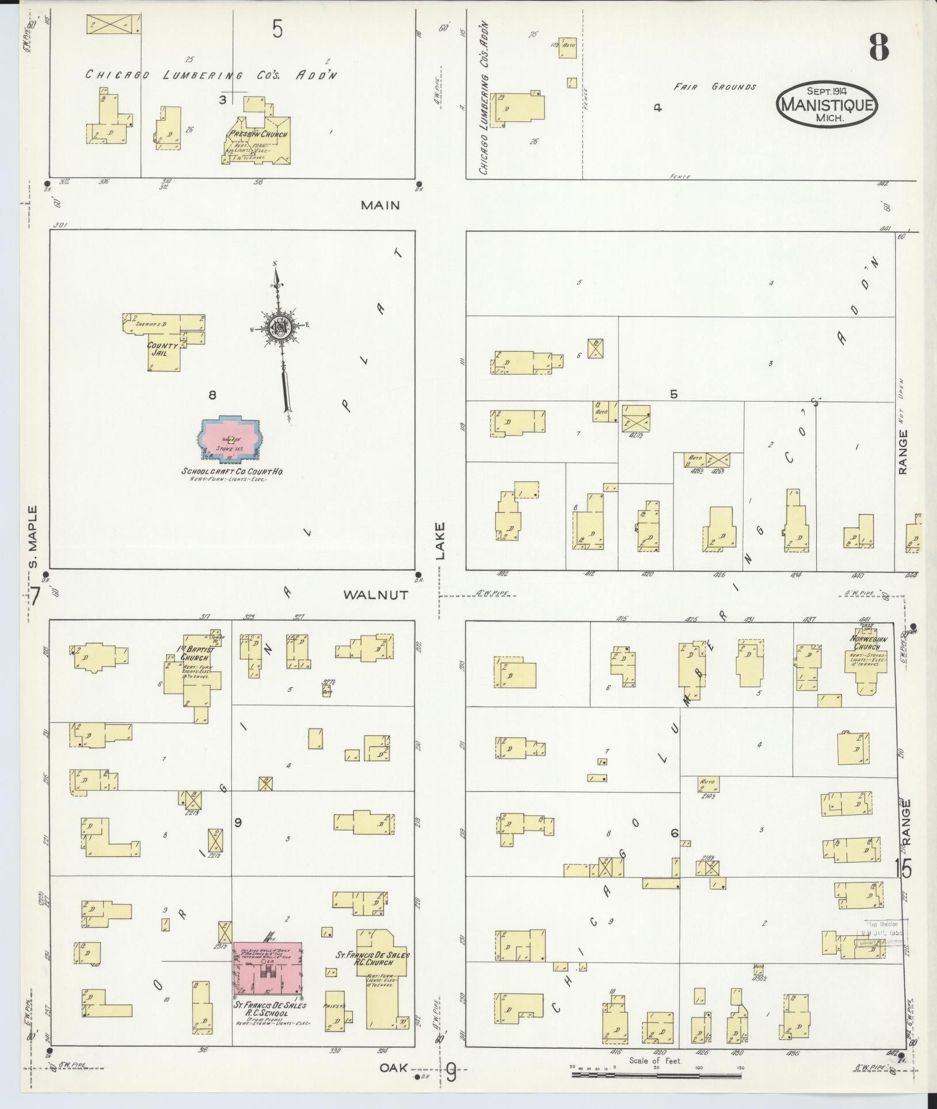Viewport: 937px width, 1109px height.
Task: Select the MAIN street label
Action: (380, 205)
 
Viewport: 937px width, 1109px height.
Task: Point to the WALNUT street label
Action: (375, 595)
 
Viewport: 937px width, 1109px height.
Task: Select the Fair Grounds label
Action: (715, 87)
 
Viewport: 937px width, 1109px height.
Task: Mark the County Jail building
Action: (158, 349)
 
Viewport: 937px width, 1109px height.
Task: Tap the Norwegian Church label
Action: (870, 643)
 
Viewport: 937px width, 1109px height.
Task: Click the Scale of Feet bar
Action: (656, 1074)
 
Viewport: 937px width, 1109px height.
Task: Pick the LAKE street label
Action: (441, 541)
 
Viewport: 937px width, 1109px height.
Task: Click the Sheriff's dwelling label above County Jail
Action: (151, 324)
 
